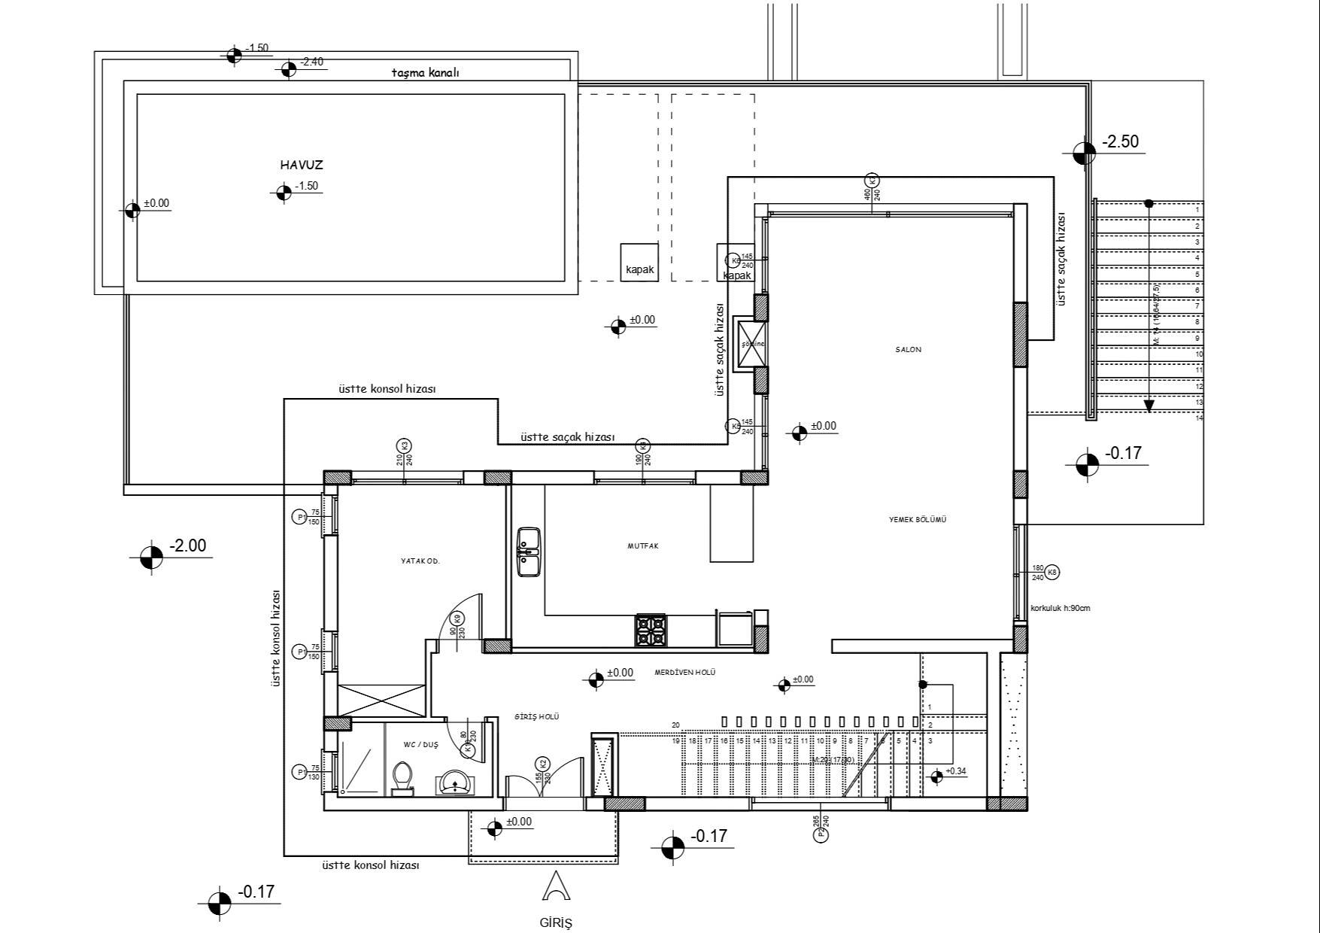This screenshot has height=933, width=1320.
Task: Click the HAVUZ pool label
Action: tap(302, 166)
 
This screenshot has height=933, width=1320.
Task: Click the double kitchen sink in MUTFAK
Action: tap(529, 552)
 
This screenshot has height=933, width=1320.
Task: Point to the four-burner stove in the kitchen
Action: tap(651, 631)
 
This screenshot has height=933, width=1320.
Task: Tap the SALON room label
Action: tap(908, 350)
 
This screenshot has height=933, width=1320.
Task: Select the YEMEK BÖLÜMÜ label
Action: tap(917, 520)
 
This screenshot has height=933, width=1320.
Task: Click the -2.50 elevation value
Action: tap(1120, 141)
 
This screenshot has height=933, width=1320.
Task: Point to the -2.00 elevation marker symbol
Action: tap(151, 558)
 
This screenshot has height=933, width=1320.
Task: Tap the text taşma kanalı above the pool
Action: tap(425, 73)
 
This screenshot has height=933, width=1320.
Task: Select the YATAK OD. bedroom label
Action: tap(420, 561)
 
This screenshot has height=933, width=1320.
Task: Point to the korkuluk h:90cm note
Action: tap(1060, 608)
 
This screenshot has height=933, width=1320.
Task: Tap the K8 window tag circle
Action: tap(1052, 572)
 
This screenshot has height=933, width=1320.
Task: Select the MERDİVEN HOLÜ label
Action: tap(684, 673)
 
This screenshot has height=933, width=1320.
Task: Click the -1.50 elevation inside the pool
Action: tap(306, 186)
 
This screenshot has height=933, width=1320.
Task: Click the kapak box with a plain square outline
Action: tap(639, 263)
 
